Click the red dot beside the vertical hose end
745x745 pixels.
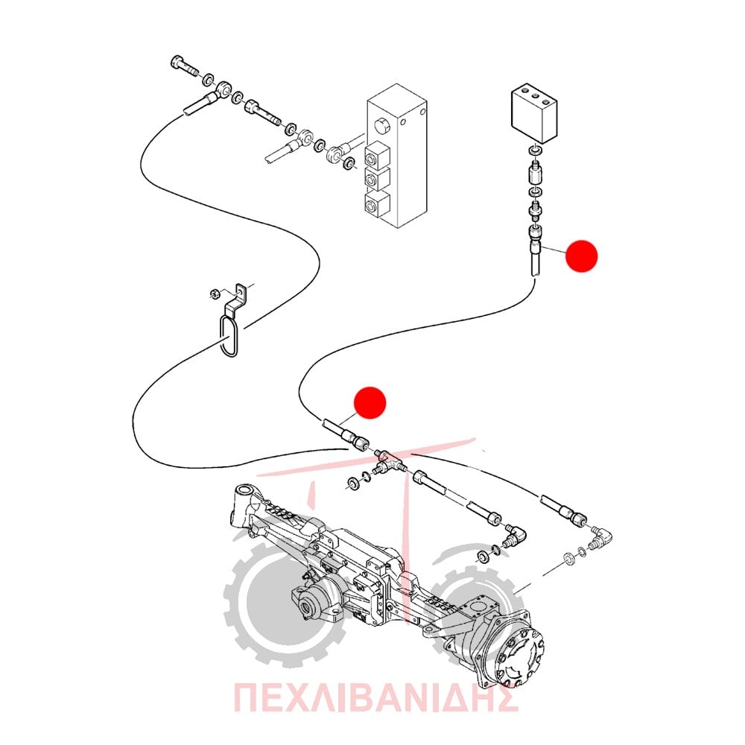pyautogui.click(x=581, y=256)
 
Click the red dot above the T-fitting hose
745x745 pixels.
pyautogui.click(x=370, y=402)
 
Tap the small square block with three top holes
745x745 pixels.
pyautogui.click(x=534, y=112)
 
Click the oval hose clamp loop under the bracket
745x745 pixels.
pyautogui.click(x=229, y=337)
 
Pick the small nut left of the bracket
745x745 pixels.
pyautogui.click(x=215, y=293)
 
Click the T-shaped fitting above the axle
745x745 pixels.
pyautogui.click(x=389, y=461)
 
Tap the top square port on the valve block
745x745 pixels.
pyautogui.click(x=377, y=155)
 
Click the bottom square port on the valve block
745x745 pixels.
pyautogui.click(x=377, y=206)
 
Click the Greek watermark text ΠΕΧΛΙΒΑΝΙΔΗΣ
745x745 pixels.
pyautogui.click(x=375, y=698)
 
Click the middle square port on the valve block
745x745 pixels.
pyautogui.click(x=377, y=180)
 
